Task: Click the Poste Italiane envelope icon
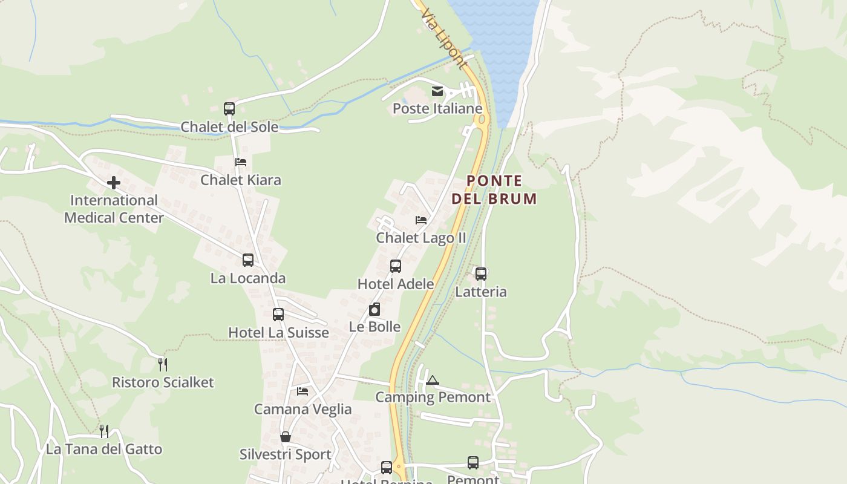[x=437, y=91]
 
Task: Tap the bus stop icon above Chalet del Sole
[x=229, y=109]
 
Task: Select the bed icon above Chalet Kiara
[x=241, y=162]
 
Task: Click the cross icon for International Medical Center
[x=114, y=182]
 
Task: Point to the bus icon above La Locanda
[x=248, y=260]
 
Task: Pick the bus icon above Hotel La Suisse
[x=278, y=315]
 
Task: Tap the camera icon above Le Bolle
[x=375, y=309]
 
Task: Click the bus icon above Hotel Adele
[x=396, y=266]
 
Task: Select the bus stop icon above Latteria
[x=481, y=274]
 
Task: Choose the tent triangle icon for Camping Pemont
[x=432, y=380]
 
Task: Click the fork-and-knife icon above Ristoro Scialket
[x=162, y=364]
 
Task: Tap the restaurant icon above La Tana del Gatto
[x=104, y=431]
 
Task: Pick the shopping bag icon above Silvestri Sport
[x=286, y=436]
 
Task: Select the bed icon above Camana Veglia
[x=302, y=391]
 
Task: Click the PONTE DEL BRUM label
[x=494, y=189]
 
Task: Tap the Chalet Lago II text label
[x=421, y=238]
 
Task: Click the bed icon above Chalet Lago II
[x=421, y=220]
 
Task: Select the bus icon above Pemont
[x=473, y=463]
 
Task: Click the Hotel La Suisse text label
[x=278, y=333]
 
